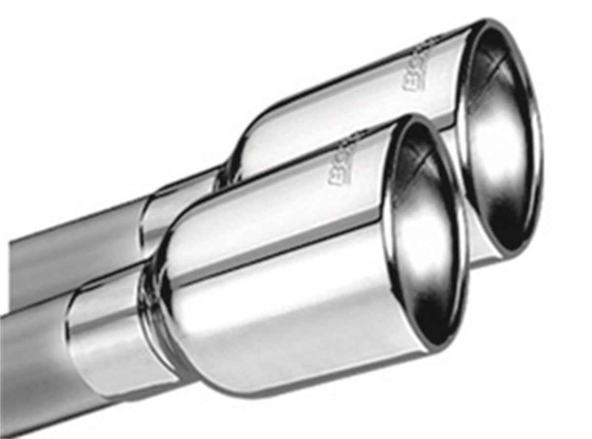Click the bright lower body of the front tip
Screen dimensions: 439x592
[x=293, y=331]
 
